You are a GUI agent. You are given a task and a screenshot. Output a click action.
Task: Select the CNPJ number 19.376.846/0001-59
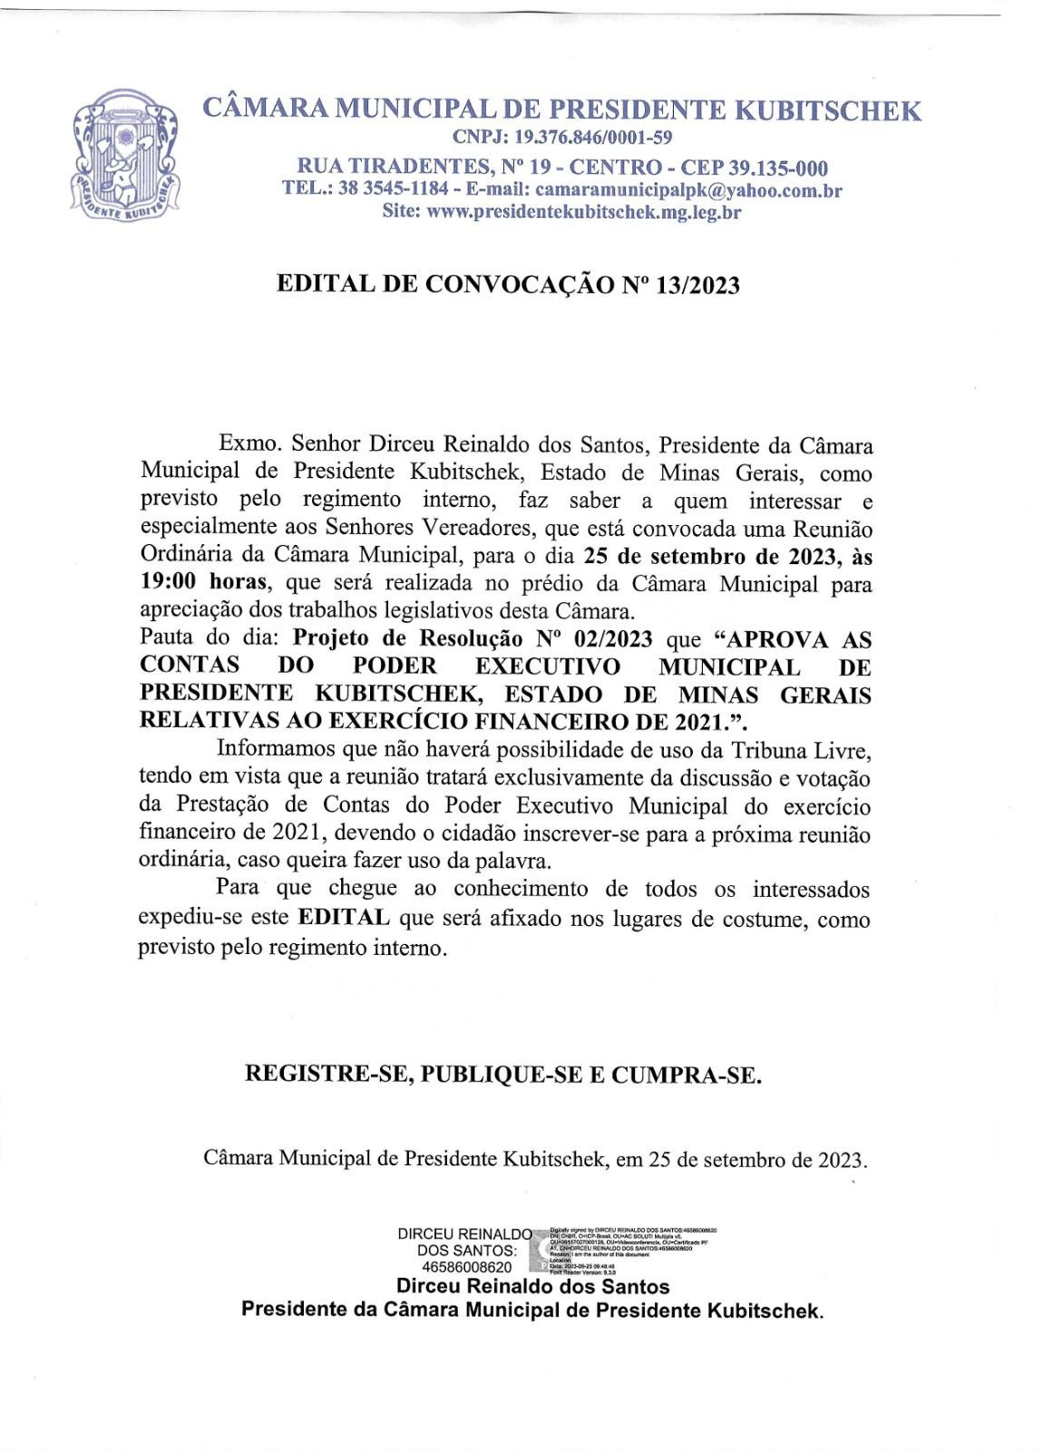tap(593, 138)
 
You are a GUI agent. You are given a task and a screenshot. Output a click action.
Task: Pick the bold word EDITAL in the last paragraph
tap(345, 918)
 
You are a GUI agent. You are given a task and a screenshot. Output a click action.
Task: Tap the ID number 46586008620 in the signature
tap(466, 1267)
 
